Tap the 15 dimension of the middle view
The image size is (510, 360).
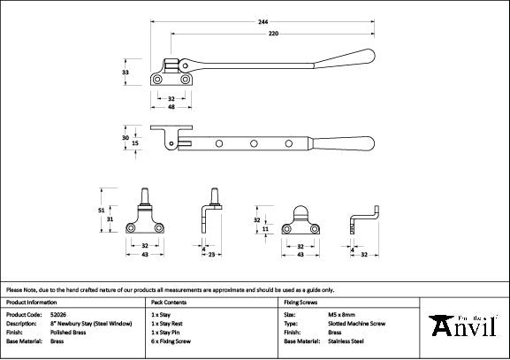pos(135,142)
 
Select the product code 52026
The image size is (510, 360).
pos(59,314)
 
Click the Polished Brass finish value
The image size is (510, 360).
pos(69,332)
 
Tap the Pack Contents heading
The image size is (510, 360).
pos(171,302)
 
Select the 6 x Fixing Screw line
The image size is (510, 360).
pos(171,341)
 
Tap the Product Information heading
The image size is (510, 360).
pos(32,302)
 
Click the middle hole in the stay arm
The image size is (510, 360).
pos(254,142)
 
